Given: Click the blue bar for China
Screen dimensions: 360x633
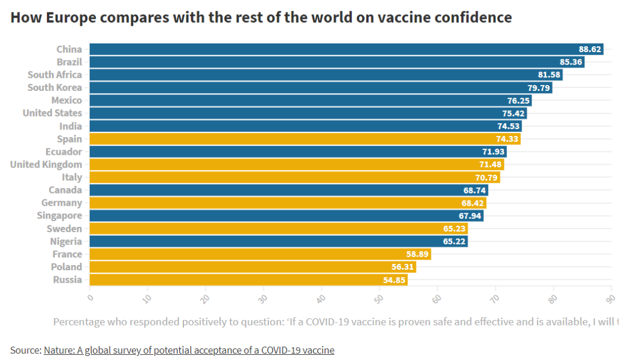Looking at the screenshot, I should coord(346,49).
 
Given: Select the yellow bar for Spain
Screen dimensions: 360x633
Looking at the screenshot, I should coord(305,139).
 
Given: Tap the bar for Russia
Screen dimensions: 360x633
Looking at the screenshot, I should coord(249,280).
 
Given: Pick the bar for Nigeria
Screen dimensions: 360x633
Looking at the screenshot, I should coord(278,241).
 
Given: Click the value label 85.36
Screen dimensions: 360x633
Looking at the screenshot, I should coord(571,62).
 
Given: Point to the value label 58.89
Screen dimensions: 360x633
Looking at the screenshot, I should coord(417,254).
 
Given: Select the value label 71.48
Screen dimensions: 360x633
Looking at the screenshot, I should coord(491,165).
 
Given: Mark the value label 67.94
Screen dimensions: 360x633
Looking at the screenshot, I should coord(470,216).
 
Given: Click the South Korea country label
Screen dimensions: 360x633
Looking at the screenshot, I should coord(55,88).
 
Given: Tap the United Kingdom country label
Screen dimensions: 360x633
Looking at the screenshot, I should coord(46,165).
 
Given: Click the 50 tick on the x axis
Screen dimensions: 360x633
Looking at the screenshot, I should coord(379,298).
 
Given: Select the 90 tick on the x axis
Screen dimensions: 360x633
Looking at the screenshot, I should coord(610,298).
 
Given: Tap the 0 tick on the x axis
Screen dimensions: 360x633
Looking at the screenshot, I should coord(90,297).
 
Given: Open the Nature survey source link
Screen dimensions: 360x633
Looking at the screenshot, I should coord(189,351).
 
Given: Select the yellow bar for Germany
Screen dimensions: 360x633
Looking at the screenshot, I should coord(287,203).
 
